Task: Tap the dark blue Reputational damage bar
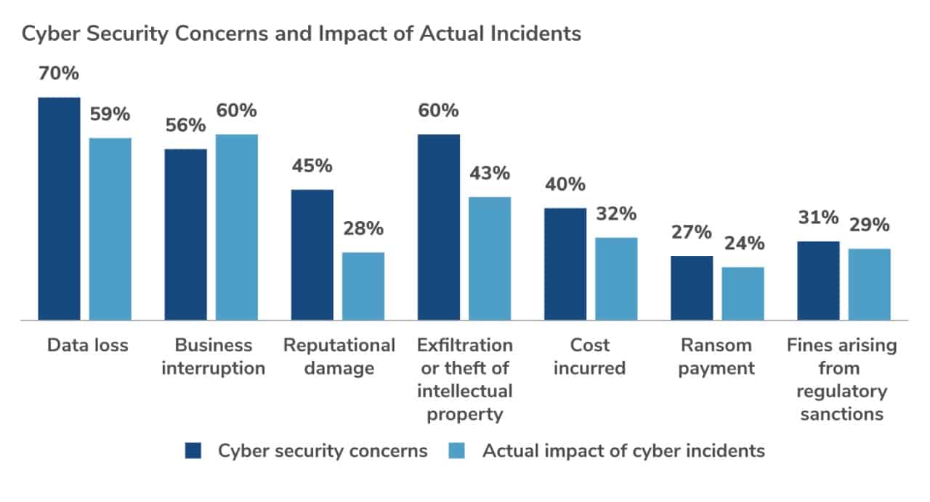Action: point(312,255)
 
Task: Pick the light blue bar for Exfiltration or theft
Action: point(490,258)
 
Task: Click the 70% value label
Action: point(59,74)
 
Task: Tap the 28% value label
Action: point(363,229)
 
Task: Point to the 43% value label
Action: point(490,174)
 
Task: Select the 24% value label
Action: point(743,244)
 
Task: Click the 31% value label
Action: point(819,218)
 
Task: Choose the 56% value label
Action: point(185,126)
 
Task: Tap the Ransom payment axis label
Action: point(717,356)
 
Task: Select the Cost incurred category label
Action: point(589,356)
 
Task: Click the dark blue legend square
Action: point(193,451)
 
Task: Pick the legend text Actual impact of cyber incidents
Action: point(623,451)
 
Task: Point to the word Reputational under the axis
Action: point(339,345)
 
